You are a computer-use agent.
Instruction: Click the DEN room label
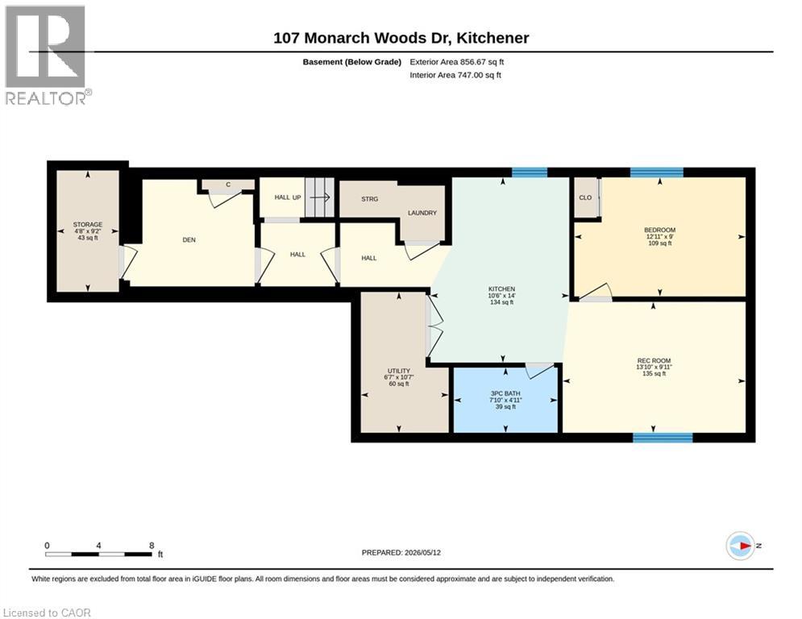coord(189,240)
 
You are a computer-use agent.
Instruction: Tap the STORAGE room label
coord(88,225)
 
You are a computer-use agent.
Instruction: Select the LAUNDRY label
coord(422,213)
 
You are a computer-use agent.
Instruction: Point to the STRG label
coord(369,199)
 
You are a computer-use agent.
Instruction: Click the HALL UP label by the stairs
coord(288,197)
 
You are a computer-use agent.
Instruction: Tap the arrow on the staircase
coord(322,197)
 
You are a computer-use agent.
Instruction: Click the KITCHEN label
coord(501,289)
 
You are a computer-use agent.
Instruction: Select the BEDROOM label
coord(660,231)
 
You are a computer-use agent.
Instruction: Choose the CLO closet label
coord(585,197)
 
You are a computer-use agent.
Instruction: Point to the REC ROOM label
coord(654,360)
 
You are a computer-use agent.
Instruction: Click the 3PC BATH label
coord(505,394)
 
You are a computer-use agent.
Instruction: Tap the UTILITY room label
coord(399,371)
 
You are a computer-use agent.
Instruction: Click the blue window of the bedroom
coord(657,172)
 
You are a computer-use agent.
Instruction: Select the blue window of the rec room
coord(663,438)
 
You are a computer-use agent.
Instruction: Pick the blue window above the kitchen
coord(530,172)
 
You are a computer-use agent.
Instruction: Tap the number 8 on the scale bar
coord(152,546)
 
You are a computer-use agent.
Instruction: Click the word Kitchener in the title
coord(492,38)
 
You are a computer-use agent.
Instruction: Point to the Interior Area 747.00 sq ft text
coord(455,75)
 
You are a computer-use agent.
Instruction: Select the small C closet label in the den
coord(228,185)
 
